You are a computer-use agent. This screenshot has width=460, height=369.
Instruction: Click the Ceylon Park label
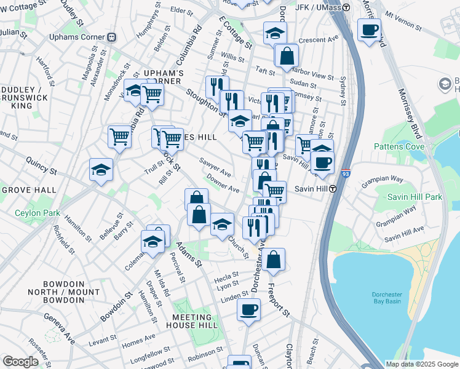[38, 213]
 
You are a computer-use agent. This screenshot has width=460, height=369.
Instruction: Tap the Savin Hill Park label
[414, 197]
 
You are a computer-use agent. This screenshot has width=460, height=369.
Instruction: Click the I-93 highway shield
[346, 174]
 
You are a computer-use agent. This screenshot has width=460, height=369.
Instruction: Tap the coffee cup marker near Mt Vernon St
[369, 30]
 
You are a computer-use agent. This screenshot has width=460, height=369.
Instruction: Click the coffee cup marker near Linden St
[248, 310]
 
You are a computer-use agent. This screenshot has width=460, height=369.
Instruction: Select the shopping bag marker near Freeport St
[274, 260]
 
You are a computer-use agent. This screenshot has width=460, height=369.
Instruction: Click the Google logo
[20, 362]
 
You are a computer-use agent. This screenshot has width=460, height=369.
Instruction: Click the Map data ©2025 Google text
[422, 364]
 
